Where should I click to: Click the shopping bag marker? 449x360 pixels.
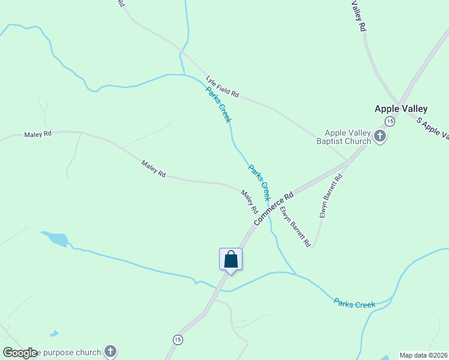231,260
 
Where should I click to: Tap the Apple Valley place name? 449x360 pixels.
401,109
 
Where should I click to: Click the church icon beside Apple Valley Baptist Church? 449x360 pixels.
379,137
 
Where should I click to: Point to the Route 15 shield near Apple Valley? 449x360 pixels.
390,121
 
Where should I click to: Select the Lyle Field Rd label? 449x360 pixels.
222,87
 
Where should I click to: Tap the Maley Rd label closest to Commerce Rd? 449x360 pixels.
249,202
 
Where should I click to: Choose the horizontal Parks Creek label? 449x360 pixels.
354,304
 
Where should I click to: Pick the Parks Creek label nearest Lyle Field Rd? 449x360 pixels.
218,105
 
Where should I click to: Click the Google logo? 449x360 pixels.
20,353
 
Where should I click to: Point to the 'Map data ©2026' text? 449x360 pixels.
423,355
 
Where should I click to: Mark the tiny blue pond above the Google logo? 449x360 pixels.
54,333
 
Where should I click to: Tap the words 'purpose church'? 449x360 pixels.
70,352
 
